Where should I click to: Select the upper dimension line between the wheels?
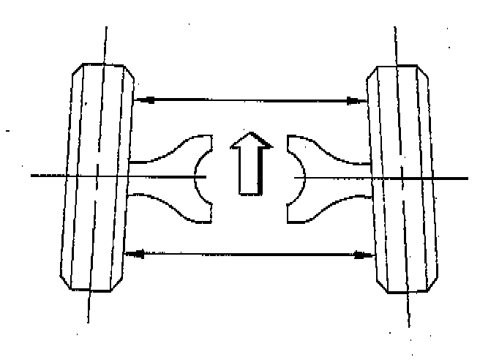point(249,99)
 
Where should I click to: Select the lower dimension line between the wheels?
point(249,255)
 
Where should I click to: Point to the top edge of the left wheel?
point(103,64)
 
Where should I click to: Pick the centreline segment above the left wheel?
point(105,44)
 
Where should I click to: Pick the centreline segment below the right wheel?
point(408,311)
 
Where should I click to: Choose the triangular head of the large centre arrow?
point(250,140)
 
